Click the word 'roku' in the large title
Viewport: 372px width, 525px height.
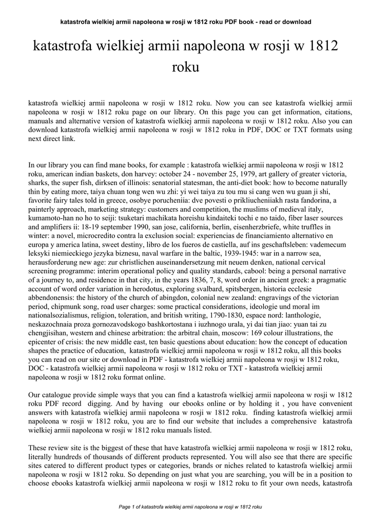[186, 67]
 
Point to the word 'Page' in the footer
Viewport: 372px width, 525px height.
[125, 507]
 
